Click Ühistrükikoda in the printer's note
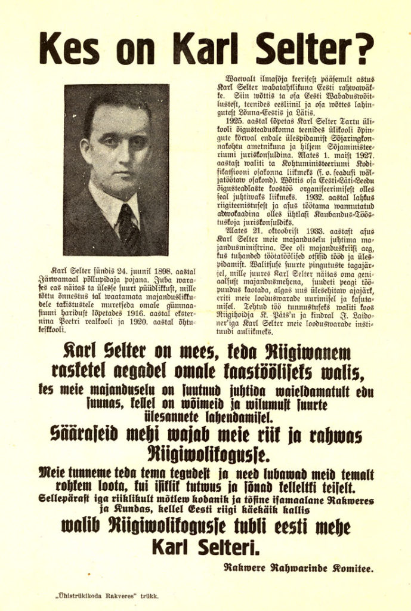(75, 594)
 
